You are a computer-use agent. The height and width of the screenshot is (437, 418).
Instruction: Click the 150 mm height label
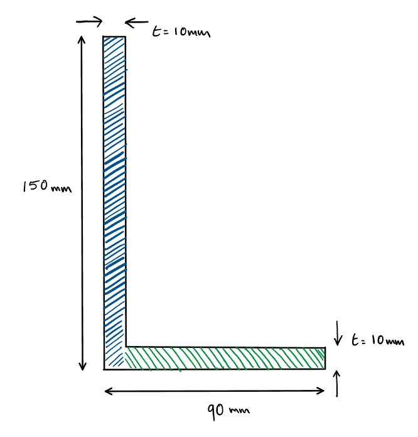click(43, 187)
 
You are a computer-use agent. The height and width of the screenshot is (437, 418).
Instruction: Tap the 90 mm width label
click(228, 411)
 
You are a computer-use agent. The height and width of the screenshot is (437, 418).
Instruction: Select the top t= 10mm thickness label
click(181, 30)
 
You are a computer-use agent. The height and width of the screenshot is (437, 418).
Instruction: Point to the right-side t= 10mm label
click(378, 341)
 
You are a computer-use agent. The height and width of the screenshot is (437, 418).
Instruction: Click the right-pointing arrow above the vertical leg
click(89, 21)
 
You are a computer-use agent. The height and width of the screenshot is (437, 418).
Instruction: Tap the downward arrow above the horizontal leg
click(338, 333)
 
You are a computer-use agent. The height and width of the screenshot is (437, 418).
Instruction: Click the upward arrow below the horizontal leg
click(338, 384)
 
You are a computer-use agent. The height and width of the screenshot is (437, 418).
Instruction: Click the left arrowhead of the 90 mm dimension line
click(107, 391)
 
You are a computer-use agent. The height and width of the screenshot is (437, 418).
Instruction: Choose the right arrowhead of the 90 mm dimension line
click(323, 391)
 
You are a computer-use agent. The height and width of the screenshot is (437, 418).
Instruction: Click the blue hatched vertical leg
click(115, 188)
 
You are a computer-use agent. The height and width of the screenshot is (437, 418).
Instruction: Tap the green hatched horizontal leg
click(226, 358)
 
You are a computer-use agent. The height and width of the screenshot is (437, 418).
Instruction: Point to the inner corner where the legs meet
click(126, 346)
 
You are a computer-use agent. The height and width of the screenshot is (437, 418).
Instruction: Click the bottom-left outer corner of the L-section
click(104, 369)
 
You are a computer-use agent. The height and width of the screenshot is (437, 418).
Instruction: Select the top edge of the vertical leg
click(115, 37)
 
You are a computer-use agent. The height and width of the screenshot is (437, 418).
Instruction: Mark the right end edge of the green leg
click(326, 358)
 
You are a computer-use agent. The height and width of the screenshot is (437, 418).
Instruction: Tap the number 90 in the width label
click(217, 411)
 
